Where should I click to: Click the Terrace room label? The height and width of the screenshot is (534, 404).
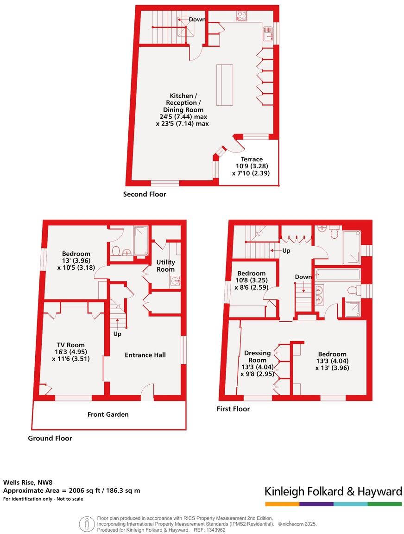point(252,159)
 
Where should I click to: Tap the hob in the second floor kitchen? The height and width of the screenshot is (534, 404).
point(242,16)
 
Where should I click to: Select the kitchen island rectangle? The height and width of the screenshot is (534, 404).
point(225,85)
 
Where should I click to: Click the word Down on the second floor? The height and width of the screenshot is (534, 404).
point(197,19)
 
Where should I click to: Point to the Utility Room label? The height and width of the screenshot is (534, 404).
point(165,266)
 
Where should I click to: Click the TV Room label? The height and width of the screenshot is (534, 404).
point(71,345)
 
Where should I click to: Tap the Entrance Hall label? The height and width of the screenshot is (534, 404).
point(145,355)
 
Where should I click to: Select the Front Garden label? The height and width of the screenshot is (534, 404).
point(108,414)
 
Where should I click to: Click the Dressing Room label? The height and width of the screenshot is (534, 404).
point(257,356)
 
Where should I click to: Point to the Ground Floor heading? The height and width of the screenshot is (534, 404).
point(50,438)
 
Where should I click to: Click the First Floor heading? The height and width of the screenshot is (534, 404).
point(233,409)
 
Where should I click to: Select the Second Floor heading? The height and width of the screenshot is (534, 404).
point(145,194)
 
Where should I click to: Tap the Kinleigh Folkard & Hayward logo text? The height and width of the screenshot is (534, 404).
point(333,492)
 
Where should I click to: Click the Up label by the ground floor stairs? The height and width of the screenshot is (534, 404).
point(117,334)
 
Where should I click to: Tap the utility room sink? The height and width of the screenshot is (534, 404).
point(175,281)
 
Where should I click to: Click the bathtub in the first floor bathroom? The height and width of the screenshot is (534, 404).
point(338,275)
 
